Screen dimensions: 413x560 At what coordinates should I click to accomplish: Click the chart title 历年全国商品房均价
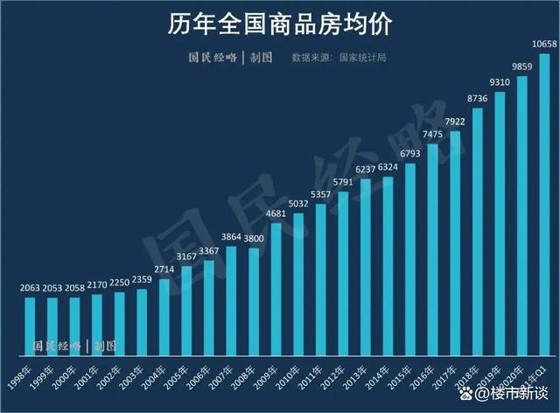tap(279, 23)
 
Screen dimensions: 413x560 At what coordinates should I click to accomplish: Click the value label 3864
tap(230, 236)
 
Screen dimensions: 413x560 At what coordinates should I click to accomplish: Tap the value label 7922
tap(454, 122)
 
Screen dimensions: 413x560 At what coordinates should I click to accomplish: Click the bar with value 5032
tap(297, 284)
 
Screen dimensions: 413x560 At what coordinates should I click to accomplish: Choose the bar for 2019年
tap(500, 223)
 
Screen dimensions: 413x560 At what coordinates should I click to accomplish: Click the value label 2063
tap(31, 288)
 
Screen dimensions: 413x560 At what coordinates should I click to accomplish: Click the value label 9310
tap(500, 82)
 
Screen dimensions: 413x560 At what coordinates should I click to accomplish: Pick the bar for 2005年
tap(185, 311)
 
